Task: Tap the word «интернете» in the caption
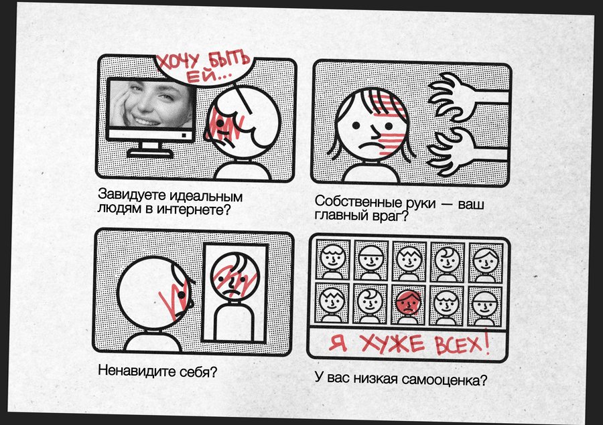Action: (197, 209)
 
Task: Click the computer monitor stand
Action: (150, 150)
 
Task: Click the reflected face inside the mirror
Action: (235, 276)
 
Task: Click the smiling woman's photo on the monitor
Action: (151, 104)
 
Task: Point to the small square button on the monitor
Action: (184, 135)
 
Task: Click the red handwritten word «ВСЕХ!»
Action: (462, 342)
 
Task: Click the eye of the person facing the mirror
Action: (181, 294)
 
